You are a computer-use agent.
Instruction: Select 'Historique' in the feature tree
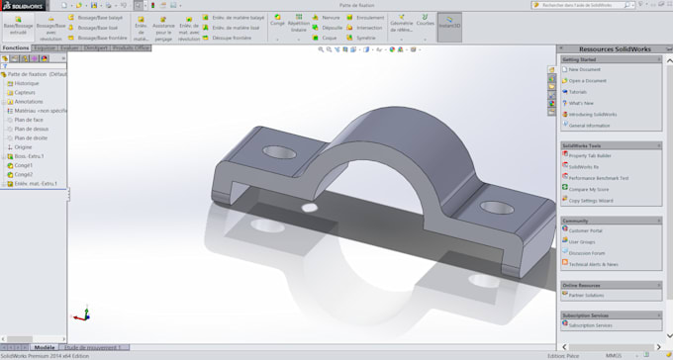(x=28, y=83)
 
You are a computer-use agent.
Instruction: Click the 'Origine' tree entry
(x=23, y=146)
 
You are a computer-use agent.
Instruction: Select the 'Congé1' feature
(x=24, y=165)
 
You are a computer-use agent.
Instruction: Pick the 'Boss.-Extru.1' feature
(x=30, y=156)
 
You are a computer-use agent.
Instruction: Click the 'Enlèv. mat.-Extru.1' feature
(x=36, y=183)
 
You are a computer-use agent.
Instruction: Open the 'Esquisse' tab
(x=45, y=47)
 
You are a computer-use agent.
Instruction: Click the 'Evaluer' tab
(x=69, y=47)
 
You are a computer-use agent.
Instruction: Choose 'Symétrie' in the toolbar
(x=364, y=38)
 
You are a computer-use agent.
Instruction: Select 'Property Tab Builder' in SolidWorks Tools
(x=590, y=155)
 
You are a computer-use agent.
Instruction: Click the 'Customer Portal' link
(x=585, y=229)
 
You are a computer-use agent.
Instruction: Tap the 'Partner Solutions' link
(x=587, y=295)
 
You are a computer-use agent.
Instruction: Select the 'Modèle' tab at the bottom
(x=45, y=347)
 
